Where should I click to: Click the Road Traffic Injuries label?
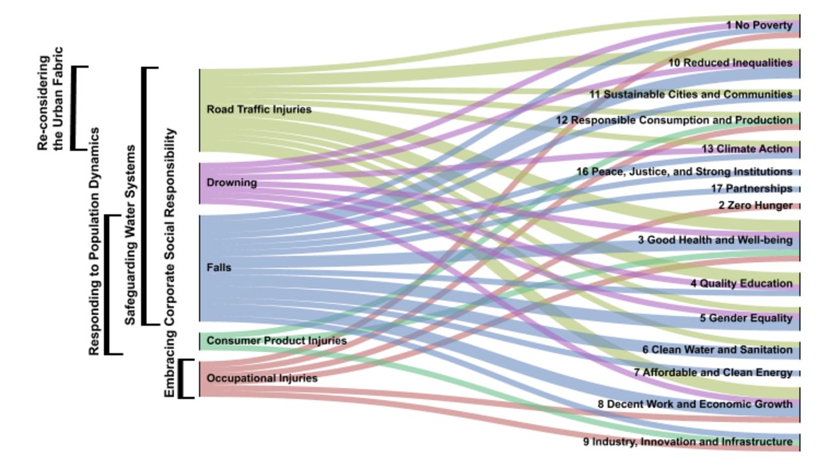[x=259, y=109]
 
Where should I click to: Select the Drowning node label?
[x=231, y=182]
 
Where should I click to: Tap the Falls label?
[x=219, y=267]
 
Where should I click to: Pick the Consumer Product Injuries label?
[x=277, y=341]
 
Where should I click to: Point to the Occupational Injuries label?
[x=262, y=378]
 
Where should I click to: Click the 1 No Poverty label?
[x=759, y=25]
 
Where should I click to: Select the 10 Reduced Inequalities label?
[x=730, y=63]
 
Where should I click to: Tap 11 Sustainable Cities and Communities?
[x=691, y=94]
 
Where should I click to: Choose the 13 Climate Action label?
[x=747, y=149]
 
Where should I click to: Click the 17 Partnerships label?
[x=752, y=188]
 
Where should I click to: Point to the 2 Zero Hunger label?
[x=755, y=205]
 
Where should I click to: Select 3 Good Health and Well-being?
[x=715, y=240]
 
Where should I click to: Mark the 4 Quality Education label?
[x=741, y=284]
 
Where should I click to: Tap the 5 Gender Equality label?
[x=746, y=318]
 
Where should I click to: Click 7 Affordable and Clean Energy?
[x=713, y=373]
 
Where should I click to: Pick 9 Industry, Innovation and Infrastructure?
[x=688, y=442]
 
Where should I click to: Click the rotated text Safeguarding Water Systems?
[x=130, y=235]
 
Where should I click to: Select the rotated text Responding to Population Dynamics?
[x=94, y=242]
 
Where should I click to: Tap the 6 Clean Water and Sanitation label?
[x=717, y=350]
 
